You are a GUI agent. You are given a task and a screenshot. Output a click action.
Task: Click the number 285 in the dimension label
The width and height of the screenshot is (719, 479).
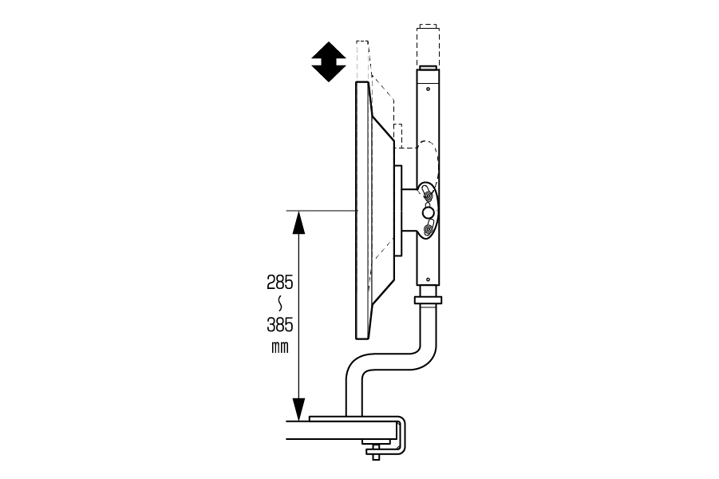pyautogui.click(x=280, y=283)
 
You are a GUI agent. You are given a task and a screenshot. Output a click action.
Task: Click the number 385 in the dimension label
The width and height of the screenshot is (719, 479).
pyautogui.click(x=280, y=325)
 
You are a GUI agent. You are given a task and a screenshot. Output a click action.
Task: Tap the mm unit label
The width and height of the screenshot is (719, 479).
pyautogui.click(x=280, y=348)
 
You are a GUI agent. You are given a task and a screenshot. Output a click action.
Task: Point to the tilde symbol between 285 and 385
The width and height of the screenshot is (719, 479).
pyautogui.click(x=280, y=303)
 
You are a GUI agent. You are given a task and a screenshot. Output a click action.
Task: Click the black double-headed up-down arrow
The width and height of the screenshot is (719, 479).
pyautogui.click(x=329, y=62)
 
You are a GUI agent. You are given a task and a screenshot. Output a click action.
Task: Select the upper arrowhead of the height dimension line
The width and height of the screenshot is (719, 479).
pyautogui.click(x=298, y=223)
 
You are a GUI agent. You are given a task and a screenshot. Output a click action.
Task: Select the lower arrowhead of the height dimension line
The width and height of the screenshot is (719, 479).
pyautogui.click(x=298, y=409)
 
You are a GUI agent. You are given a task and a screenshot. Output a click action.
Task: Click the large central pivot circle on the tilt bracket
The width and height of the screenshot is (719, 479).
pyautogui.click(x=429, y=212)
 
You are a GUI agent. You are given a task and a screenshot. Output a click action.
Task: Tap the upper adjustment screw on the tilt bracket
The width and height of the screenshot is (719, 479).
pyautogui.click(x=428, y=196)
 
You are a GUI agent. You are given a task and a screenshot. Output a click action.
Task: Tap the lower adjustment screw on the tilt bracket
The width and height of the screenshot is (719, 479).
pyautogui.click(x=429, y=228)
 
